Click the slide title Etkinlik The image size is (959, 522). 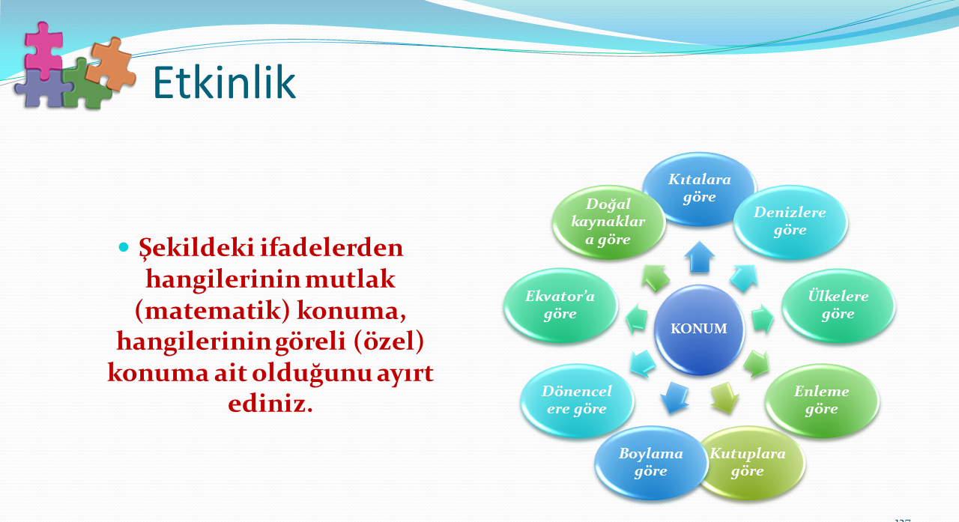click(224, 82)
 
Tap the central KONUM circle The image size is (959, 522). click(699, 329)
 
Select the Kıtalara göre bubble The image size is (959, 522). click(699, 189)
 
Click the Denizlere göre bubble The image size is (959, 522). click(790, 221)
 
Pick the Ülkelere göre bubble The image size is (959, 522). click(838, 305)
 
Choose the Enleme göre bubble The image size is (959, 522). click(822, 400)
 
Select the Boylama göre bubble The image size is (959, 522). click(651, 463)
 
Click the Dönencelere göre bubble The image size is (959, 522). click(577, 400)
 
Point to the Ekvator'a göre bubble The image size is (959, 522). click(560, 305)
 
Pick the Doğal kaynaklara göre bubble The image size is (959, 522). click(608, 221)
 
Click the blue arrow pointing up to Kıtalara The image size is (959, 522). click(699, 257)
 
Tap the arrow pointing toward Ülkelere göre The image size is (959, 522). click(763, 318)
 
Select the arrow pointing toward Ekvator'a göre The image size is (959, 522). click(636, 318)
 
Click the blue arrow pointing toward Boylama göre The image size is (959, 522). click(674, 398)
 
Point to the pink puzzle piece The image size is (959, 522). click(43, 49)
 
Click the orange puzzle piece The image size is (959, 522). click(111, 64)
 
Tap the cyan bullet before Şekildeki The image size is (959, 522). click(124, 247)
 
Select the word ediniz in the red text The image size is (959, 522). click(270, 403)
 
